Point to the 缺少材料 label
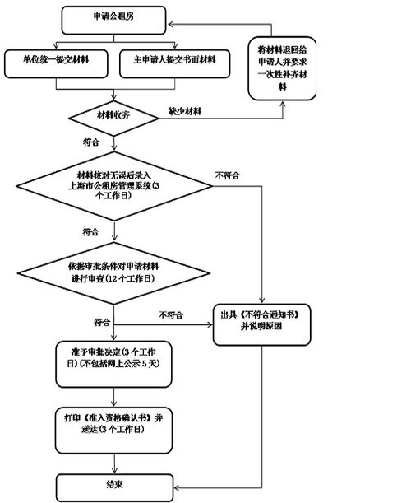point(184,109)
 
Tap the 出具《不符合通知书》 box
point(259,320)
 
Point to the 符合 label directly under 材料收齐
point(93,142)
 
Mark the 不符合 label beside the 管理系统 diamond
point(228,175)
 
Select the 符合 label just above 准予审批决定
point(102,320)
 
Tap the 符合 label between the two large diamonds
point(93,232)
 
